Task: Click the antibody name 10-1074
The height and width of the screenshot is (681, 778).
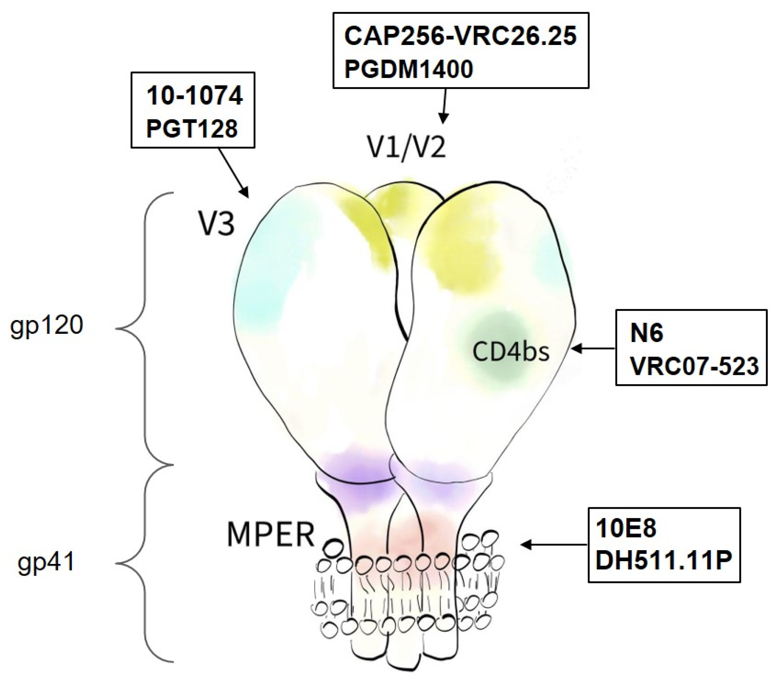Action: click(x=194, y=96)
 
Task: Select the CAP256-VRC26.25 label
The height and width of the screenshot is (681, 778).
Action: click(x=460, y=36)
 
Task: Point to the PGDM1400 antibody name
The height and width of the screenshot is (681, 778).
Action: click(x=409, y=69)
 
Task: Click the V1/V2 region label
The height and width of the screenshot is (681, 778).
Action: click(x=407, y=148)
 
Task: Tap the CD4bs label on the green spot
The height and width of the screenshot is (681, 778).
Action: click(x=511, y=352)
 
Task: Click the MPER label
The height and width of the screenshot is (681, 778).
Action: click(x=271, y=535)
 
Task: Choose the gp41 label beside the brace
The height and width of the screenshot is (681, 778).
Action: click(x=46, y=562)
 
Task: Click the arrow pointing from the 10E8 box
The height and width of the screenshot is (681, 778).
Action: click(x=554, y=545)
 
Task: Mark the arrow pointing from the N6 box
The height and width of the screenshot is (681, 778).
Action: click(x=593, y=348)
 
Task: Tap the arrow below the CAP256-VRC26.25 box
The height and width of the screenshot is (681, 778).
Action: click(x=444, y=105)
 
